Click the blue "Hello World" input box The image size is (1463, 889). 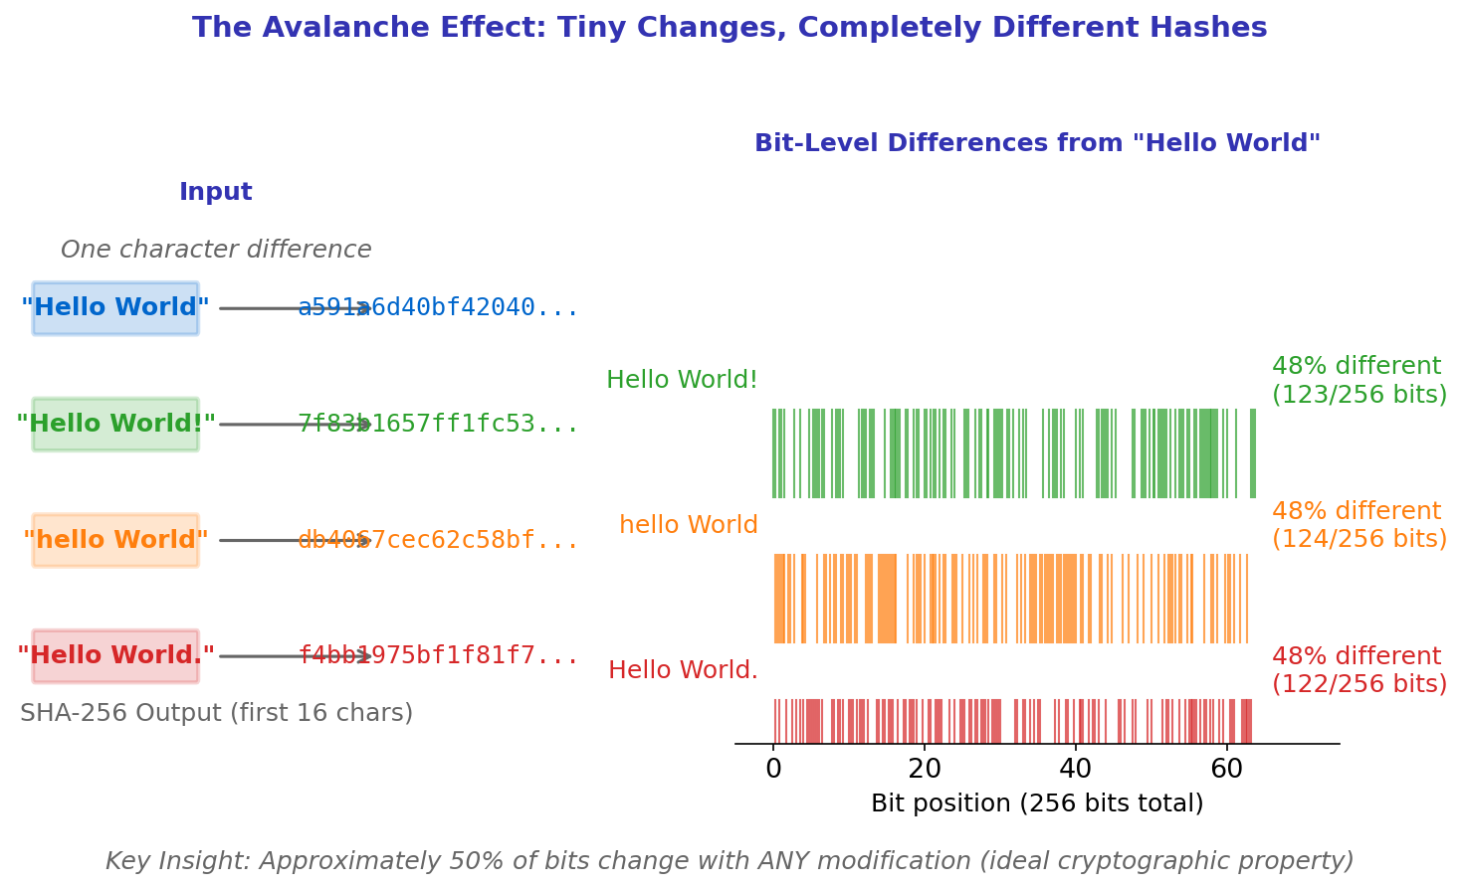(115, 308)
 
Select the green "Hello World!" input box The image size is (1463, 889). (115, 425)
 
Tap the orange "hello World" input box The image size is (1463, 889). (115, 540)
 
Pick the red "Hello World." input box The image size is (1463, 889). (115, 656)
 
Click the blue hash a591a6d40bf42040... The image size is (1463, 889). (438, 308)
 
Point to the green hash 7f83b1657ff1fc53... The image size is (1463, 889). (438, 425)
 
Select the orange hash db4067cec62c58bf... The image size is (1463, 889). (438, 540)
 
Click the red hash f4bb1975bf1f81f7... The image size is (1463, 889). (438, 656)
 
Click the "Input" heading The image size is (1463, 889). (216, 193)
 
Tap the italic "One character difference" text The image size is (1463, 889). (216, 250)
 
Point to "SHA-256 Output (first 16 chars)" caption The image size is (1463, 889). (216, 713)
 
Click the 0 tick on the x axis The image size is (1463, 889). (773, 769)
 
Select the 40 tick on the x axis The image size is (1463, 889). (1075, 769)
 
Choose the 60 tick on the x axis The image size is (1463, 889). (1226, 769)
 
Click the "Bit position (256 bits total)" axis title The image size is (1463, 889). (1037, 803)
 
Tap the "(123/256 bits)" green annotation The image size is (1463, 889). (1359, 395)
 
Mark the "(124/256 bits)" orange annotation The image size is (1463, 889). (1359, 539)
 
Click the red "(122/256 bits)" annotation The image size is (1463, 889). (1359, 684)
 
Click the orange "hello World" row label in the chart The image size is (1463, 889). (688, 525)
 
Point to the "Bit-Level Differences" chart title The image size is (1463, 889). (1037, 143)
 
